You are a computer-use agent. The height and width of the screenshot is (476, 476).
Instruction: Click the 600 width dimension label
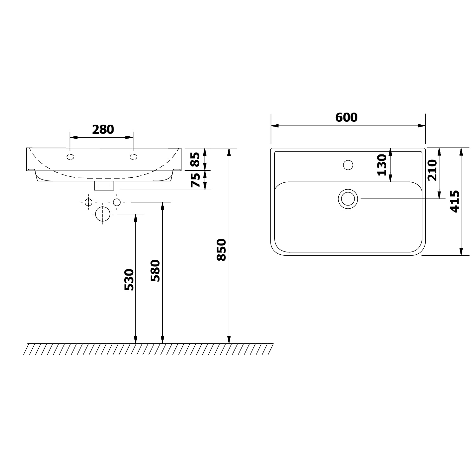pyautogui.click(x=346, y=118)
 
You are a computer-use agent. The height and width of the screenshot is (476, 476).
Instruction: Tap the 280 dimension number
pyautogui.click(x=103, y=129)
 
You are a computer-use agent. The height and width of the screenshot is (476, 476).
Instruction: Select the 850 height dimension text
pyautogui.click(x=221, y=250)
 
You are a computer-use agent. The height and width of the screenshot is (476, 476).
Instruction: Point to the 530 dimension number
pyautogui.click(x=129, y=280)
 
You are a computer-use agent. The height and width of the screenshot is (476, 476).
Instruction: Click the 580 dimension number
pyautogui.click(x=155, y=271)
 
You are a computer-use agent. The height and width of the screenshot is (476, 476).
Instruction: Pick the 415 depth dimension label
pyautogui.click(x=455, y=201)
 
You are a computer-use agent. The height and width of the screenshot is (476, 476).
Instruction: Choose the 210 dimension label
pyautogui.click(x=432, y=170)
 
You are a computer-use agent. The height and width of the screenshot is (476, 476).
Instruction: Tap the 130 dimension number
pyautogui.click(x=382, y=165)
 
